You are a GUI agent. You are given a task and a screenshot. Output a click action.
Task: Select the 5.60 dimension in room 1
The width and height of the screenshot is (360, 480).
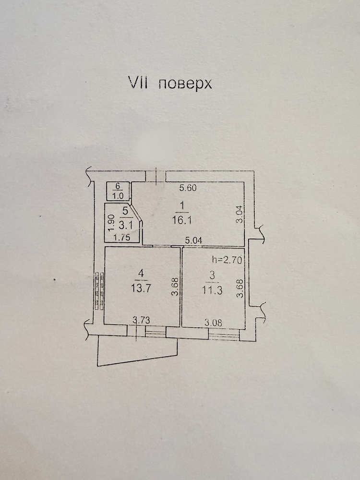pyautogui.click(x=188, y=188)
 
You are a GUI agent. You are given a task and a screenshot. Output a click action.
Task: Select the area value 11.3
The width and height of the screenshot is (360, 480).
pyautogui.click(x=213, y=290)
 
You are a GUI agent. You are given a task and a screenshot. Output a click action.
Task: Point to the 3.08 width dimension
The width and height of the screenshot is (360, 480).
pyautogui.click(x=213, y=323)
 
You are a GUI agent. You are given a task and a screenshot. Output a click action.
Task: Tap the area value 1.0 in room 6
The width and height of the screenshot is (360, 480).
pyautogui.click(x=118, y=195)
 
